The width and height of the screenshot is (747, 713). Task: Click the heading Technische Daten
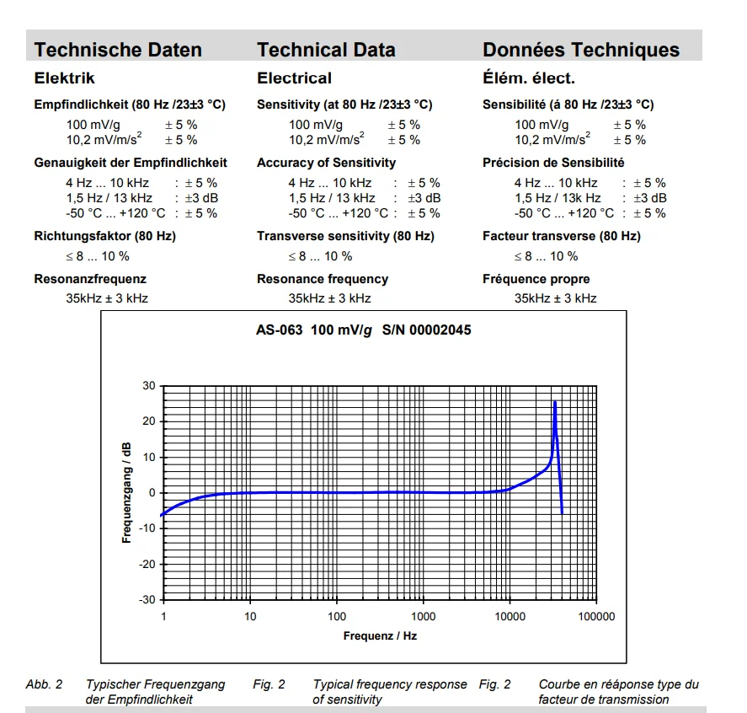click(x=118, y=50)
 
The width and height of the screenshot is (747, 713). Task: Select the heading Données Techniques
click(x=580, y=50)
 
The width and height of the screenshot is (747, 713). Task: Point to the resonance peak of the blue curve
click(x=555, y=403)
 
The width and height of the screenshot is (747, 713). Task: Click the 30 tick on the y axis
click(x=149, y=386)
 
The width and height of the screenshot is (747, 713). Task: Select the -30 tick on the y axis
click(x=147, y=599)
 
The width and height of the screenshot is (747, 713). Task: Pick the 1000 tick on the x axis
click(x=423, y=617)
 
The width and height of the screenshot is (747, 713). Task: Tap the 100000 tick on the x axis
click(x=596, y=617)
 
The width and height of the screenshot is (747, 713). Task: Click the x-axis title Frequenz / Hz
click(x=380, y=635)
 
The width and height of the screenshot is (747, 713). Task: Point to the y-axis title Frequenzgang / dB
click(x=127, y=493)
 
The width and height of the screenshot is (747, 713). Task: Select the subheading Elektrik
click(x=64, y=78)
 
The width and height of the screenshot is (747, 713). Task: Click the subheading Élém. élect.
click(x=528, y=78)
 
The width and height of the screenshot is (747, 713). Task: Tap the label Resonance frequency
click(x=323, y=279)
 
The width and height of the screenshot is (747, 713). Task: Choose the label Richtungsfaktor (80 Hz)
click(x=105, y=236)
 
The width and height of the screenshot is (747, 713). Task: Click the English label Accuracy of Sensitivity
click(x=326, y=163)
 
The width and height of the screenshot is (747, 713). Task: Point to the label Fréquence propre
click(x=536, y=279)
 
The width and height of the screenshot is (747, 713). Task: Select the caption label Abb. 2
click(x=44, y=684)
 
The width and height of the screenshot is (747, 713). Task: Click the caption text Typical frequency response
click(x=389, y=684)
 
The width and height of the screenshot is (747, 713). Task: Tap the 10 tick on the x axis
click(x=250, y=617)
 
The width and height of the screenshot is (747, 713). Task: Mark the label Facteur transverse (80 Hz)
click(x=561, y=236)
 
